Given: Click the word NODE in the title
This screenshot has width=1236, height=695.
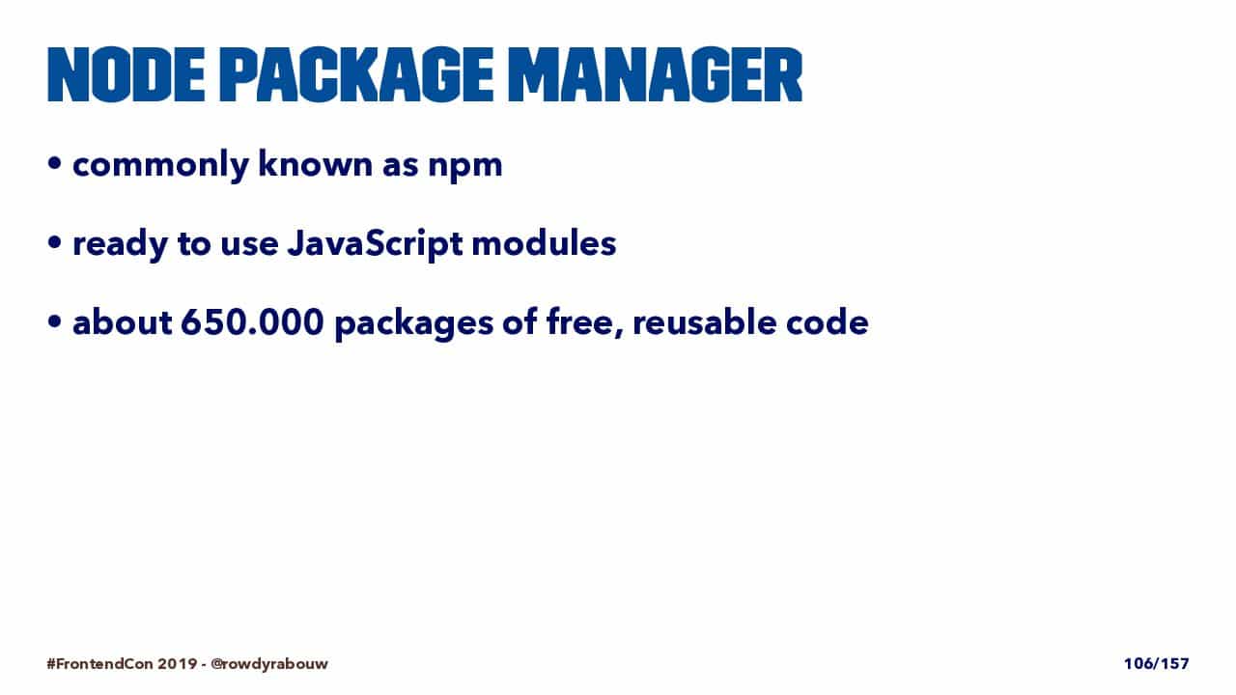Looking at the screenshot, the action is pos(126,75).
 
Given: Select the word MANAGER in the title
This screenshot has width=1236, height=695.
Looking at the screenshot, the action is pos(655,75).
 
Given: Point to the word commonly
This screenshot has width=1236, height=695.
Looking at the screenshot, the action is pos(160,164).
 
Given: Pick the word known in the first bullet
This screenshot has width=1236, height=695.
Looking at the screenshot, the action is pos(316,163).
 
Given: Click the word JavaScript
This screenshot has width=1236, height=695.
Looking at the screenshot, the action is pos(376,244).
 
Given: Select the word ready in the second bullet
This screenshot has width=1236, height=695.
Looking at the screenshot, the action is pos(121,245).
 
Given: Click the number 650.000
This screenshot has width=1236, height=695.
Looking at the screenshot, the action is pos(252,321).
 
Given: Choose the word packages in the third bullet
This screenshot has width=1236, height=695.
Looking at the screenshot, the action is pos(414,324).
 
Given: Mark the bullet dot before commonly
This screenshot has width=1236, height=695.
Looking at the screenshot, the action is pos(54,163).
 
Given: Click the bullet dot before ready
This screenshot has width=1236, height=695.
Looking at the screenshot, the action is pos(54,242).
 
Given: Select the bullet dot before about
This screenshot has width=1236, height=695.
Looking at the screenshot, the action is pos(54,321).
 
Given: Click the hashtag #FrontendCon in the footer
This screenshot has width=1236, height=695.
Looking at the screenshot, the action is pos(99,663).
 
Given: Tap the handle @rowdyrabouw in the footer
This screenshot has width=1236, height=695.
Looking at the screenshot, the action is pos(269,664).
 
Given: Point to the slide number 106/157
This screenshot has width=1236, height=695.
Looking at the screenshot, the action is pos(1157,663).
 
